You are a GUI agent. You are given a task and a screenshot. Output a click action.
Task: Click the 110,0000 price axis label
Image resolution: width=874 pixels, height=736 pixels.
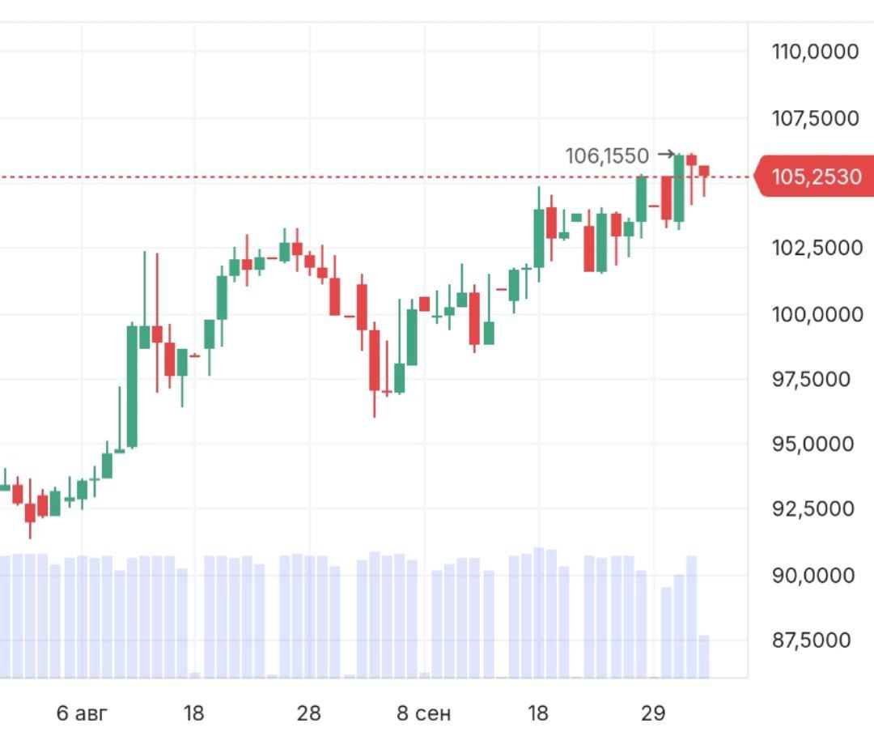[815, 52]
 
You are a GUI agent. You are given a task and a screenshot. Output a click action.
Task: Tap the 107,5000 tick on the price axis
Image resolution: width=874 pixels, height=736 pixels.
[815, 118]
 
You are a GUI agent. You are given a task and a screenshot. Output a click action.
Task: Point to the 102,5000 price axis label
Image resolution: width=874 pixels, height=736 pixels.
[815, 247]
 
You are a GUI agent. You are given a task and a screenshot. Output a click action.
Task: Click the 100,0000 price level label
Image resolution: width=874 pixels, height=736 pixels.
[815, 313]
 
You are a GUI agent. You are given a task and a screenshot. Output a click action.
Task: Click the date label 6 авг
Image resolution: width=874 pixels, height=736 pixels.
[82, 713]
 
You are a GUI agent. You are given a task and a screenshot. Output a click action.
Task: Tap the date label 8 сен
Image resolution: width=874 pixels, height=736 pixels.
[424, 713]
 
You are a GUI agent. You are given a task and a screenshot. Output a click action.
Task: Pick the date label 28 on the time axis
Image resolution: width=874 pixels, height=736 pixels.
[308, 713]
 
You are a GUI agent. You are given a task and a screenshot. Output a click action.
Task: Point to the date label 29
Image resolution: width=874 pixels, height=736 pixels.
[653, 713]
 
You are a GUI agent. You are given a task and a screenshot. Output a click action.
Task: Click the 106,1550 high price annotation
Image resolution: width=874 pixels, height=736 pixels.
[607, 155]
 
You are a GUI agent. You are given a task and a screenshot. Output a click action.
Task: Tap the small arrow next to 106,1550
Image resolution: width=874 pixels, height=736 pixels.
[666, 154]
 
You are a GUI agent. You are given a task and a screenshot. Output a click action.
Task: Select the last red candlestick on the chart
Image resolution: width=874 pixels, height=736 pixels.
[704, 171]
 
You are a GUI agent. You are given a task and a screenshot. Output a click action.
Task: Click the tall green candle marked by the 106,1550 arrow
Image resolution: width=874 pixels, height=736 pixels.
[679, 188]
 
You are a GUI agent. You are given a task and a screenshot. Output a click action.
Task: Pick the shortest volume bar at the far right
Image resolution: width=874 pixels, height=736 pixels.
[704, 656]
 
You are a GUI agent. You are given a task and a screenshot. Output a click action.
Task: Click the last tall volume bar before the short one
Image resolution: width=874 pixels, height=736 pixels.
[691, 616]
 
